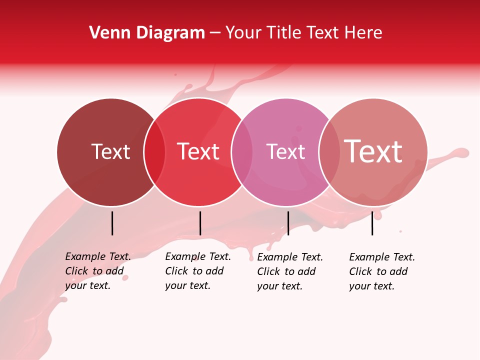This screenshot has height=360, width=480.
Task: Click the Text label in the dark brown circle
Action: pyautogui.click(x=110, y=151)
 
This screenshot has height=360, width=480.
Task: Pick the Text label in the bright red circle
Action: pyautogui.click(x=198, y=151)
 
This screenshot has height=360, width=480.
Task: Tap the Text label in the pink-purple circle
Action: pyautogui.click(x=285, y=151)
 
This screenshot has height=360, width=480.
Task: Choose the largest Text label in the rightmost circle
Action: pyautogui.click(x=373, y=151)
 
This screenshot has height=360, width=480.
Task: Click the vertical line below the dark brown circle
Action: pyautogui.click(x=112, y=223)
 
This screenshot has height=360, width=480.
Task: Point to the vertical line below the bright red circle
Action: pyautogui.click(x=200, y=223)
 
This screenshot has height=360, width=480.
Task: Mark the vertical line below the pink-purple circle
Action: pyautogui.click(x=288, y=223)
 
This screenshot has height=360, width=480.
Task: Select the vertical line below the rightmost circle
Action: pyautogui.click(x=372, y=223)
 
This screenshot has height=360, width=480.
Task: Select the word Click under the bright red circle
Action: pyautogui.click(x=176, y=271)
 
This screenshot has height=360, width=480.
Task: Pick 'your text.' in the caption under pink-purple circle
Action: pyautogui.click(x=280, y=286)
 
